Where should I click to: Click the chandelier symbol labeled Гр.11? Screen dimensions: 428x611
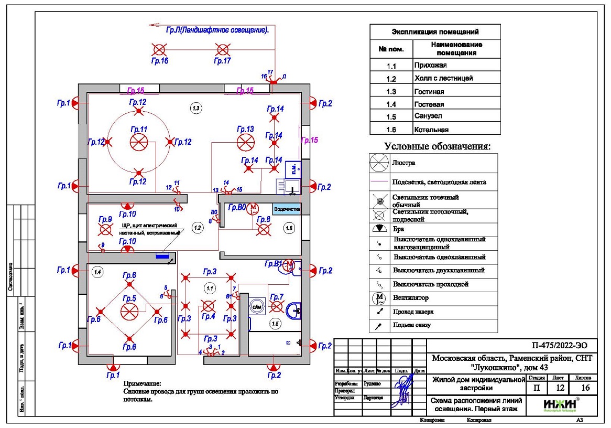tap(138, 142)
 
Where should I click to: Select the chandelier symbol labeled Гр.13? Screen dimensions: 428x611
tap(245, 142)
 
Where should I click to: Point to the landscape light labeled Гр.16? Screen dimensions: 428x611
tap(159, 50)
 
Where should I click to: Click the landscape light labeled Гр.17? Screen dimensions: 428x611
tap(223, 50)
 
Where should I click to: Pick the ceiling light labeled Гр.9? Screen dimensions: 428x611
tap(106, 229)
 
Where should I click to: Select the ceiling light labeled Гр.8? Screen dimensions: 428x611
tap(264, 229)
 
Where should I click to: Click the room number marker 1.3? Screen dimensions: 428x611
tap(195, 108)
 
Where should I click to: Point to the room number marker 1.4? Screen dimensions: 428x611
tap(96, 271)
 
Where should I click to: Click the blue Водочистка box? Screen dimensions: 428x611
tap(287, 208)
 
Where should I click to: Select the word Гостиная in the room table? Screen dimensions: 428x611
tap(429, 91)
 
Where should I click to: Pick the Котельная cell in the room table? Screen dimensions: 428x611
tap(431, 130)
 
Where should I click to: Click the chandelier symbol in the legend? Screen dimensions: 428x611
tap(378, 162)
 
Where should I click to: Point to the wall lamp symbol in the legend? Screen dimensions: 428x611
tap(378, 229)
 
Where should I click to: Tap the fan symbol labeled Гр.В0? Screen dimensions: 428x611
tap(253, 208)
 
